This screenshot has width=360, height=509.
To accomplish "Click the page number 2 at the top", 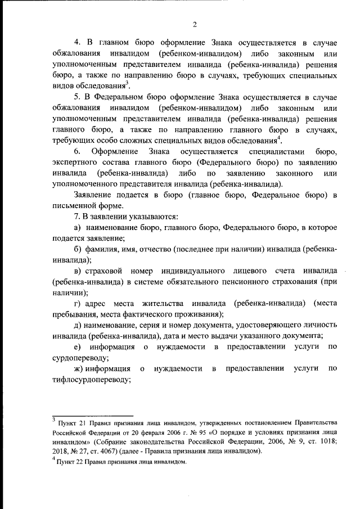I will click(x=194, y=24).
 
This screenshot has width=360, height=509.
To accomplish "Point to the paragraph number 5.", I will click(x=78, y=96).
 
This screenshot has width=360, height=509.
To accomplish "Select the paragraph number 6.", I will click(x=78, y=150).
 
